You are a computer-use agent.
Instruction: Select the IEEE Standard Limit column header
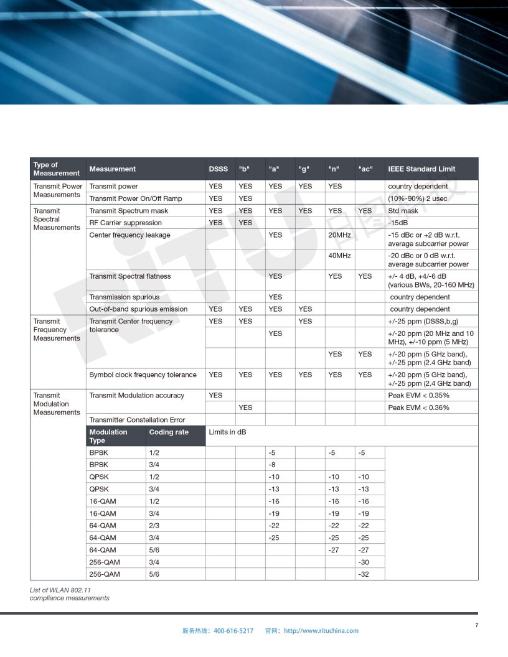click(x=421, y=169)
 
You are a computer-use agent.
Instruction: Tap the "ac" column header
click(x=365, y=169)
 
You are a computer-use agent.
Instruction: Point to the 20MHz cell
click(x=339, y=235)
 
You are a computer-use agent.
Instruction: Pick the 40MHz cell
click(x=339, y=256)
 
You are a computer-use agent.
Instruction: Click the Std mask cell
click(x=403, y=211)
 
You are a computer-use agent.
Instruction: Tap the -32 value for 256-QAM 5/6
click(x=364, y=574)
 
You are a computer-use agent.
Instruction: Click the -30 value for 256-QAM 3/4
click(x=364, y=562)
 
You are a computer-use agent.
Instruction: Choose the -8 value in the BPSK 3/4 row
click(x=272, y=465)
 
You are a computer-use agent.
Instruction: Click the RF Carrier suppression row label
click(x=125, y=223)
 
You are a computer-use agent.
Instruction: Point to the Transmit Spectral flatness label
click(x=129, y=276)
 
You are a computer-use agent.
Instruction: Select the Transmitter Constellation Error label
click(x=137, y=420)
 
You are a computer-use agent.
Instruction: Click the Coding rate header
click(x=169, y=432)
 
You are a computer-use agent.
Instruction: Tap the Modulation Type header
click(x=108, y=436)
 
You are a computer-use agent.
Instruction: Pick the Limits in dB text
click(x=227, y=432)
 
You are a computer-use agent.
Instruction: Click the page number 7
click(x=476, y=625)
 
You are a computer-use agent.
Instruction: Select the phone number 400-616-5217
click(x=233, y=631)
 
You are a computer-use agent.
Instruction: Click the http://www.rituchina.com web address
click(x=321, y=631)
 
